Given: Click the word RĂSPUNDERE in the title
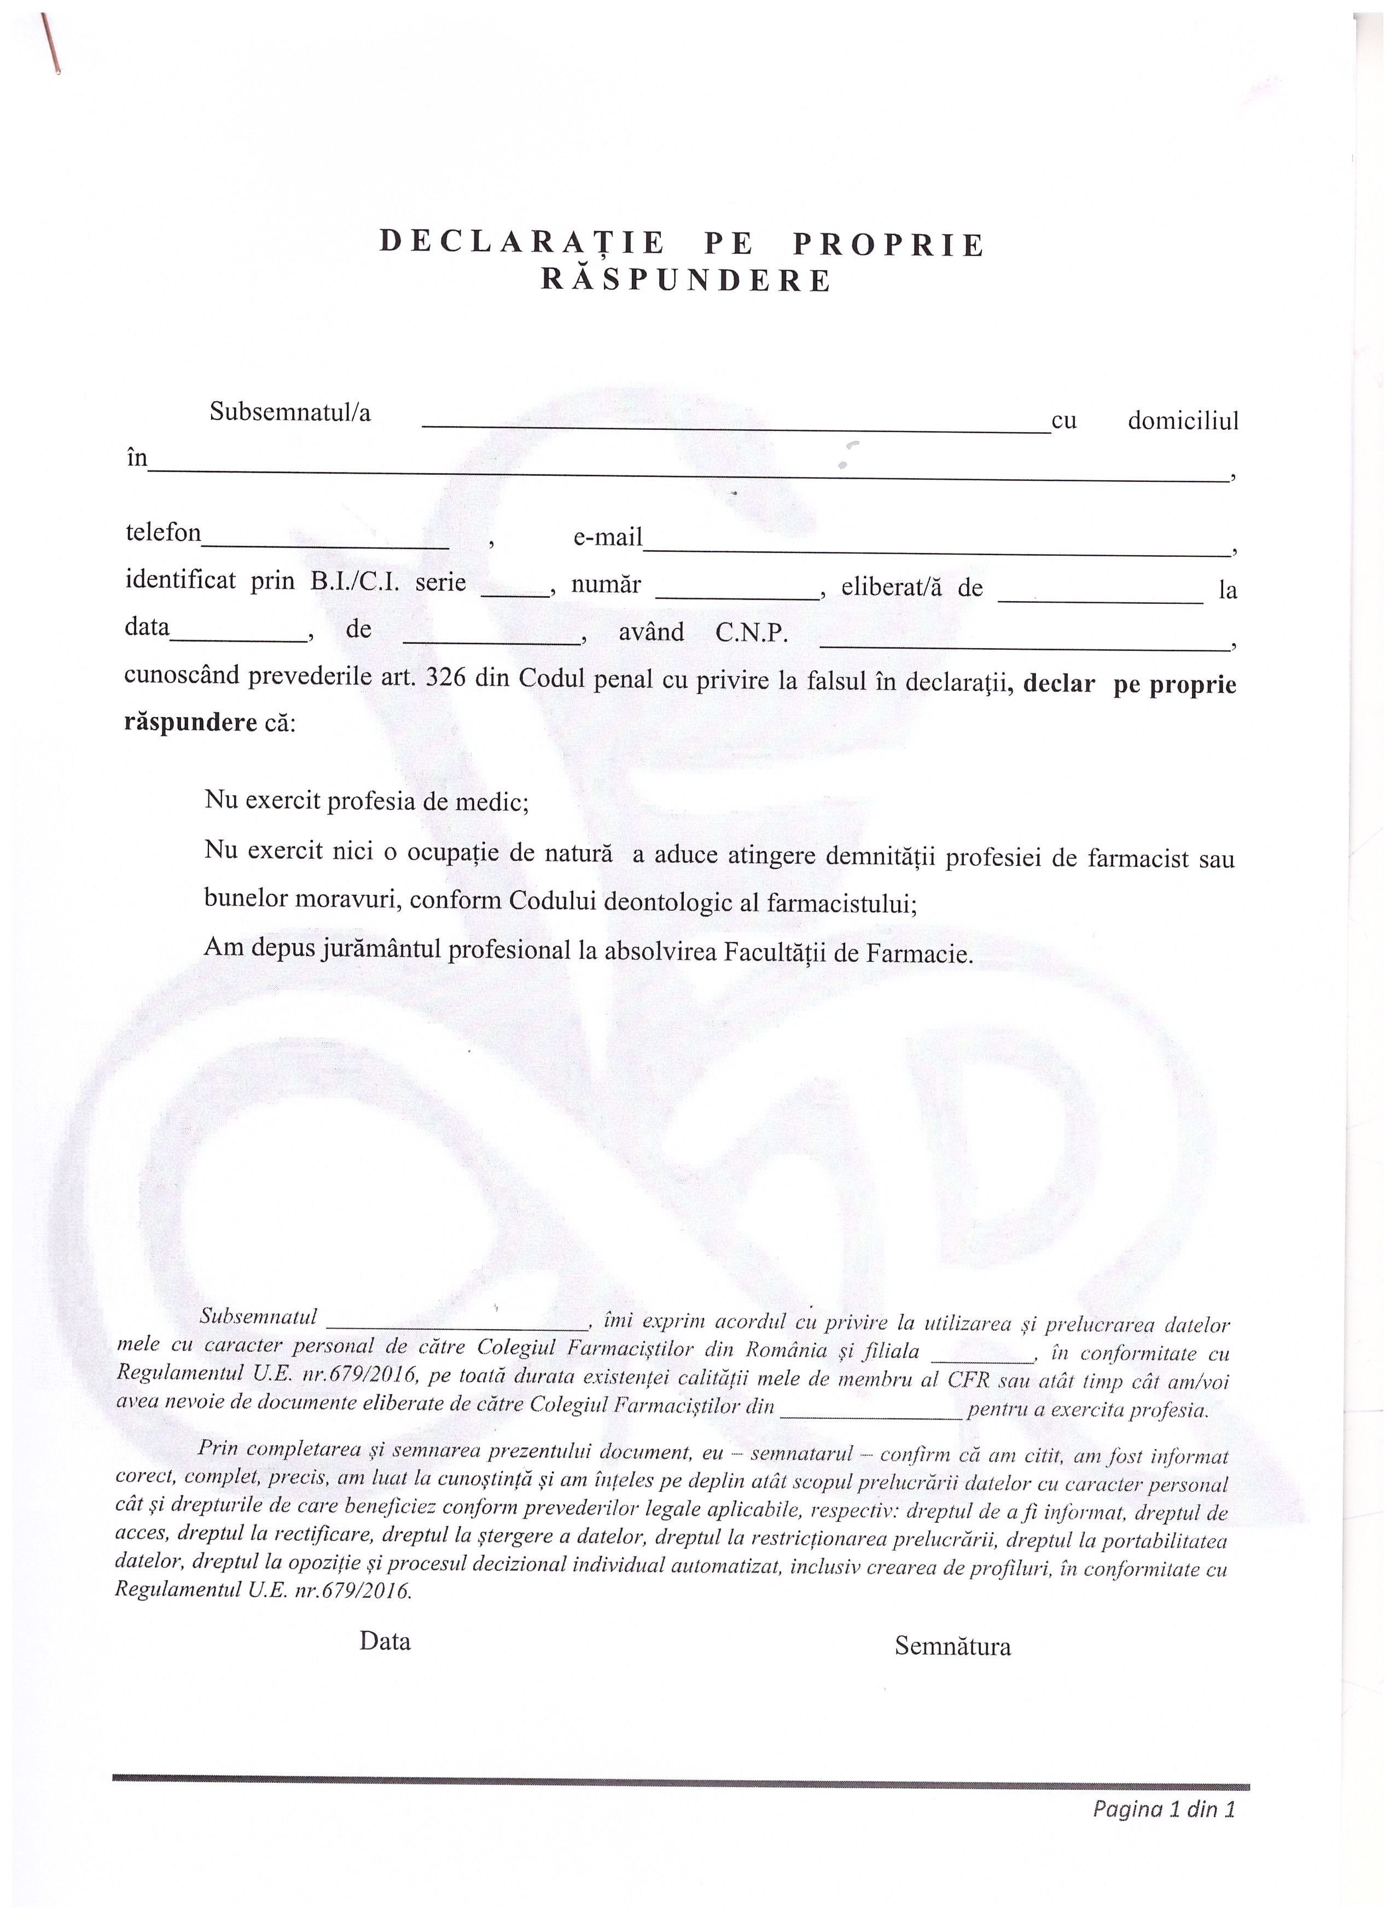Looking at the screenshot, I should [x=686, y=281].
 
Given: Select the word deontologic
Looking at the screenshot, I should [x=668, y=901].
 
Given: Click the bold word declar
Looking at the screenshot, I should [x=1058, y=684].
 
